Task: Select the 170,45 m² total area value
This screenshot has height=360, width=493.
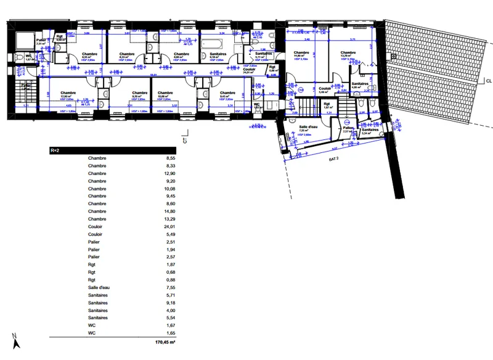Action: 165,340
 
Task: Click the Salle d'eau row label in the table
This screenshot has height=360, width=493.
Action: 100,287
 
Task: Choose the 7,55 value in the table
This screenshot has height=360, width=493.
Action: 170,287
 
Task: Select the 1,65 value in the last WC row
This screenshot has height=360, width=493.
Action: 170,332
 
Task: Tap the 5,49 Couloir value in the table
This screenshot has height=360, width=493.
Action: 170,234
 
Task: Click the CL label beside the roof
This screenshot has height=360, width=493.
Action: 487,80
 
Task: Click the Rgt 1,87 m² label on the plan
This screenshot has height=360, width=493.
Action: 327,105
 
